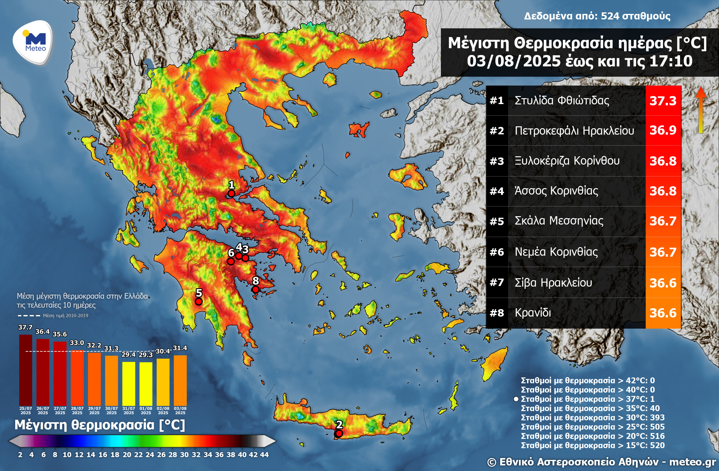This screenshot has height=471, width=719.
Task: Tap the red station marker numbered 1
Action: (231, 194)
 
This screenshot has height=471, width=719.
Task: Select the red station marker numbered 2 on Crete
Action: (339, 434)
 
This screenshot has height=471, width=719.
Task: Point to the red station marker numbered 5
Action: (199, 301)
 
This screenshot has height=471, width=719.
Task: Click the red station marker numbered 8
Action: (255, 289)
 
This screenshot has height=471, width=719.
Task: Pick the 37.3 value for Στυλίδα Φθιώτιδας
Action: (663, 101)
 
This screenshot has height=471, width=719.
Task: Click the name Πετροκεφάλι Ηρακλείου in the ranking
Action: (574, 131)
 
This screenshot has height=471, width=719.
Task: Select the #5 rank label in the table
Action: (497, 221)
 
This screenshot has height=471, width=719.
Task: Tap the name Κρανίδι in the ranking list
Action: (533, 313)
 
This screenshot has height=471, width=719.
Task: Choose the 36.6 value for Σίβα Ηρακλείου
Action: (663, 283)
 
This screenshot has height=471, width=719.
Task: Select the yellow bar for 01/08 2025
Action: (146, 383)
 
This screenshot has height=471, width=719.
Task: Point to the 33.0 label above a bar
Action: (77, 343)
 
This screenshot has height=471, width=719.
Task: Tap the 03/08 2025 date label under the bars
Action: (180, 410)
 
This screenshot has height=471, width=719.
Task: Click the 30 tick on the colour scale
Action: (184, 455)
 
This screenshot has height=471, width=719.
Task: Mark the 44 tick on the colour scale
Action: (264, 455)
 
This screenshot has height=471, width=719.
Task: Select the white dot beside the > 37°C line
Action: (516, 399)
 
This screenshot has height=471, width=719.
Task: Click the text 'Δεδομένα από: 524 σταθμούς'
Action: (597, 16)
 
